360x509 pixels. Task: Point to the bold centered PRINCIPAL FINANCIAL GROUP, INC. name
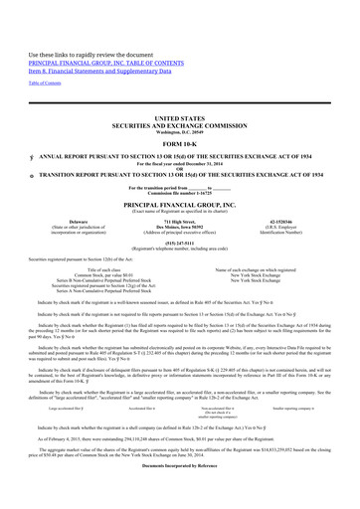[180, 207]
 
